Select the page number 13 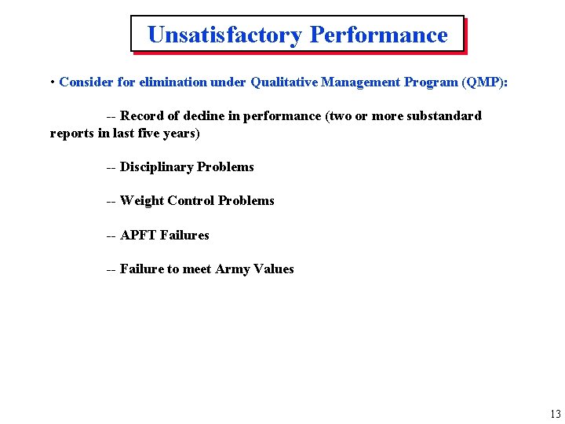pyautogui.click(x=555, y=415)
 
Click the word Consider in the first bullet pyautogui.click(x=86, y=82)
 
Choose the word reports pyautogui.click(x=72, y=133)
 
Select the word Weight pyautogui.click(x=142, y=201)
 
